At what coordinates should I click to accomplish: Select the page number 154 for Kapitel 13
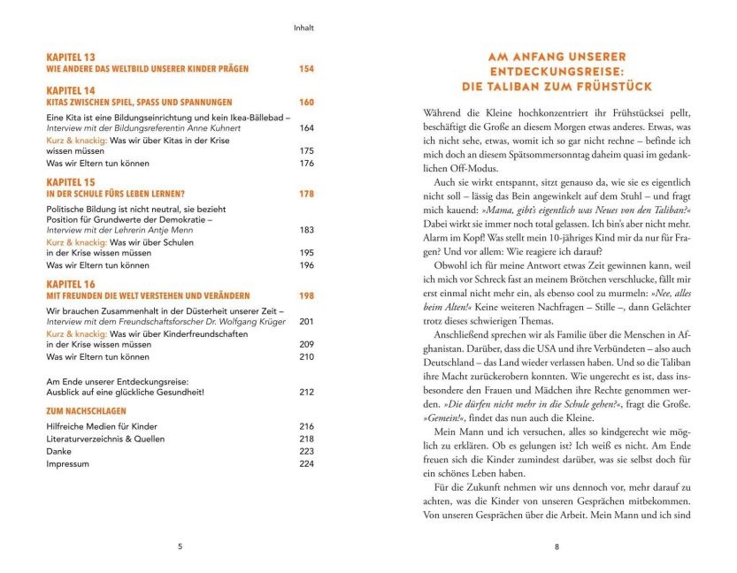305,68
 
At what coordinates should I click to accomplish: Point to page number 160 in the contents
305,103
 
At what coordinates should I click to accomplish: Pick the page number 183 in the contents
306,230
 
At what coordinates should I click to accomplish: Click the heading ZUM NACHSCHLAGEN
85,411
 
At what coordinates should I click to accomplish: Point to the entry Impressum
68,463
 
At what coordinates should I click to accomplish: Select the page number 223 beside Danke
306,451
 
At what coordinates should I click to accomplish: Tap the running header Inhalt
304,27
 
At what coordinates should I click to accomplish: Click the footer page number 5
180,546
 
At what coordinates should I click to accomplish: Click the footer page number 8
557,546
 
